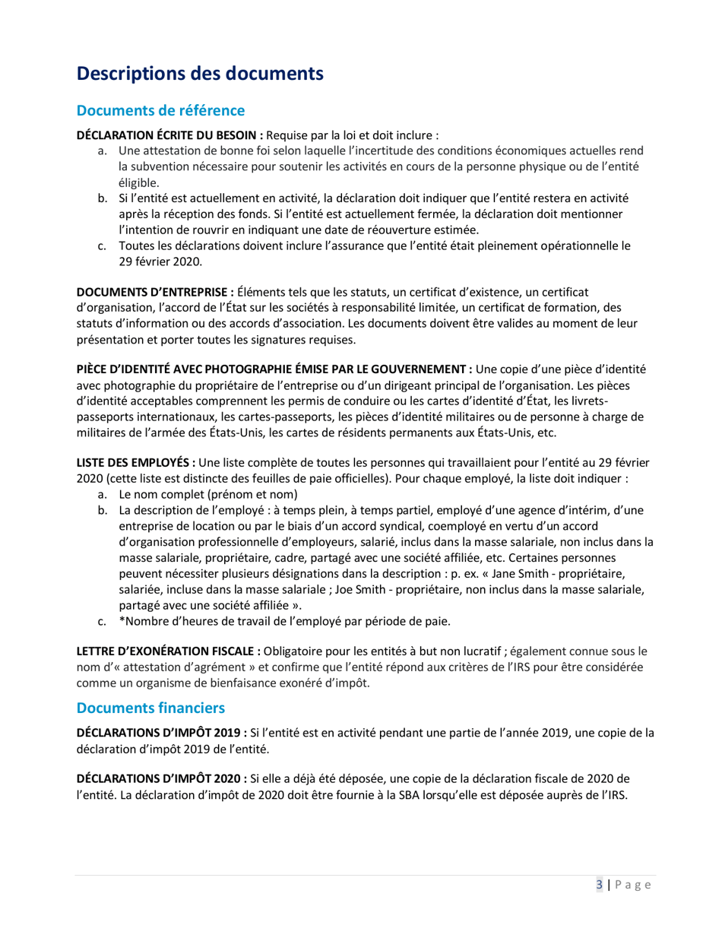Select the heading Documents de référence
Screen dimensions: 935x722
click(160, 111)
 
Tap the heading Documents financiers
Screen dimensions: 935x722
click(151, 708)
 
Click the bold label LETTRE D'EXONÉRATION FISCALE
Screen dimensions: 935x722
click(166, 651)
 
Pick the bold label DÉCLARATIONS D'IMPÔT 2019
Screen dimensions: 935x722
click(159, 733)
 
